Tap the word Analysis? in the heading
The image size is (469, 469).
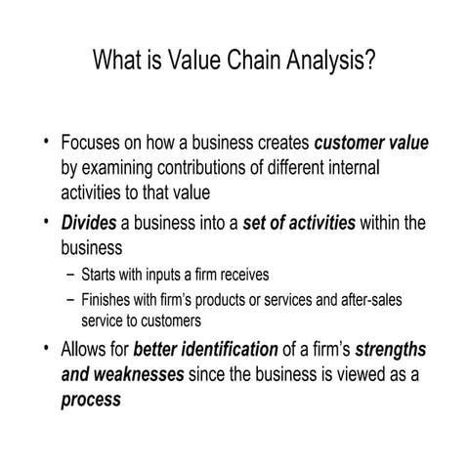tap(332, 63)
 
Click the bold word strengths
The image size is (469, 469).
tap(391, 348)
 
